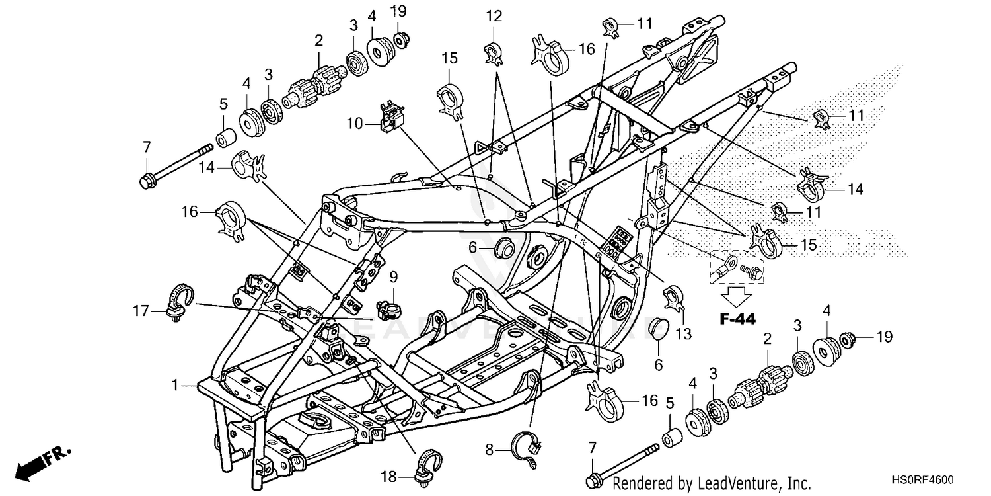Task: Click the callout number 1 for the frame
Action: pyautogui.click(x=175, y=384)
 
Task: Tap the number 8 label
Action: pyautogui.click(x=489, y=450)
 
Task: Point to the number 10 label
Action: pyautogui.click(x=355, y=123)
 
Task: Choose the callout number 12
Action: pyautogui.click(x=494, y=15)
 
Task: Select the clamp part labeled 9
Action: pyautogui.click(x=391, y=308)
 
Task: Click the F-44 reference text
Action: pyautogui.click(x=737, y=319)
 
